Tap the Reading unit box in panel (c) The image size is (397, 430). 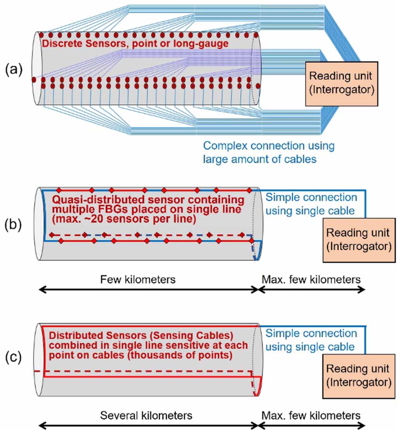358,375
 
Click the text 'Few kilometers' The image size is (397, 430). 137,279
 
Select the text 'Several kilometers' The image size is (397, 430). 146,416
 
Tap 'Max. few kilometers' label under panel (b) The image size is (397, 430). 311,279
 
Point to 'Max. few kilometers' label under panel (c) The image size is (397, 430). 311,416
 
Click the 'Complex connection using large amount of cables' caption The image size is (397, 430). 269,152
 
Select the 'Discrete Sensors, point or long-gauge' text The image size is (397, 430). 135,44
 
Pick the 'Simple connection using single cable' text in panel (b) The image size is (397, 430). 311,204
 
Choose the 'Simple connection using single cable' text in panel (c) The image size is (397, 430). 311,339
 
